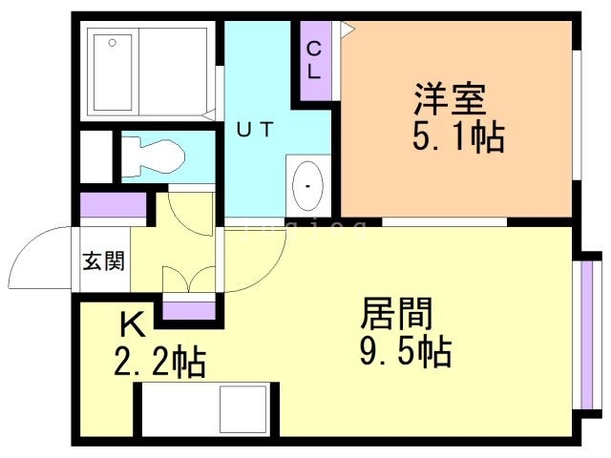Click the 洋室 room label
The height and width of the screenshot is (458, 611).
[x=450, y=100]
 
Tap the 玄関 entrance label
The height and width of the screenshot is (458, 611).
[x=102, y=260]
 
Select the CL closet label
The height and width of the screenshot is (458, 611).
[x=314, y=60]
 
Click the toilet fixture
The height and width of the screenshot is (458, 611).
[x=157, y=156]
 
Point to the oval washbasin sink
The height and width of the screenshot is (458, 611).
[x=307, y=185]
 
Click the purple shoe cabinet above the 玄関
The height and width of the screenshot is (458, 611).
[x=112, y=205]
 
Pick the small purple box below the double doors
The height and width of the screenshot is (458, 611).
[x=188, y=309]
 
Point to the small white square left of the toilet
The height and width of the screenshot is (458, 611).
[x=95, y=156]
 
